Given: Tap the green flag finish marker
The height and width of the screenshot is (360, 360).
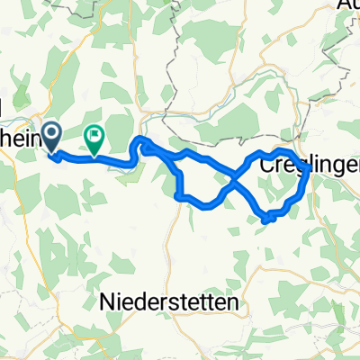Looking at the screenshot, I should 94,136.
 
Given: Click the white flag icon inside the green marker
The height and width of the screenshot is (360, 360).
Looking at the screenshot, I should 94,134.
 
